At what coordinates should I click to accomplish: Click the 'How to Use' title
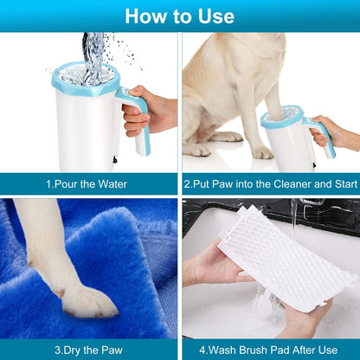coord(179,16)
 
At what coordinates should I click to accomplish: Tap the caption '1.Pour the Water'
coord(89,183)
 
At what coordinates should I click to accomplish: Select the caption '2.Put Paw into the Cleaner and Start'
coord(271,183)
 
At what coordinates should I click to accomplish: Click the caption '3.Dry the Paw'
coord(89,350)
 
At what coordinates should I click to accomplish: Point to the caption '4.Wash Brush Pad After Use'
coord(271,350)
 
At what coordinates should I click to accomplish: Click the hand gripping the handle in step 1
coord(150,112)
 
